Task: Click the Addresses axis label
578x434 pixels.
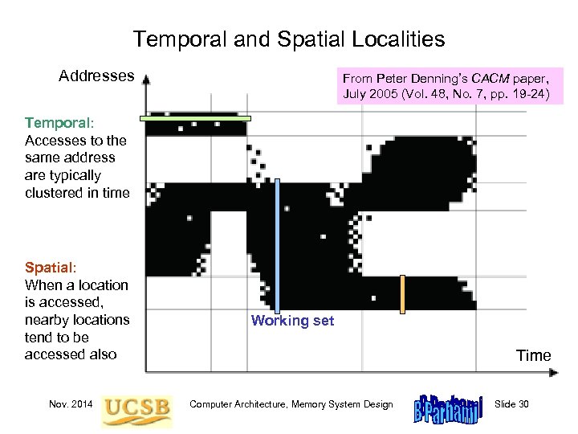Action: click(x=96, y=76)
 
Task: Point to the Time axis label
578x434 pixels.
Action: click(x=533, y=355)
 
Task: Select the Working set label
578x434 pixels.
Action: click(x=292, y=321)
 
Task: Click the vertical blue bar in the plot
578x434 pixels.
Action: click(x=278, y=245)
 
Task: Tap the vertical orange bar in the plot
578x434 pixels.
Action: click(x=403, y=293)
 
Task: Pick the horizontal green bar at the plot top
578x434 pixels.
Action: click(x=195, y=118)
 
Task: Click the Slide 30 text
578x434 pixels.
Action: click(x=512, y=404)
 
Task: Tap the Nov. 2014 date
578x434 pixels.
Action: click(x=70, y=404)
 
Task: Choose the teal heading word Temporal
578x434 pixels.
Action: click(x=58, y=123)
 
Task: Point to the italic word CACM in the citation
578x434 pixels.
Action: click(x=487, y=78)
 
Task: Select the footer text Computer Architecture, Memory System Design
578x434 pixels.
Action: click(x=291, y=404)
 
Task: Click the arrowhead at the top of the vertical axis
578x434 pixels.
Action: click(x=146, y=80)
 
